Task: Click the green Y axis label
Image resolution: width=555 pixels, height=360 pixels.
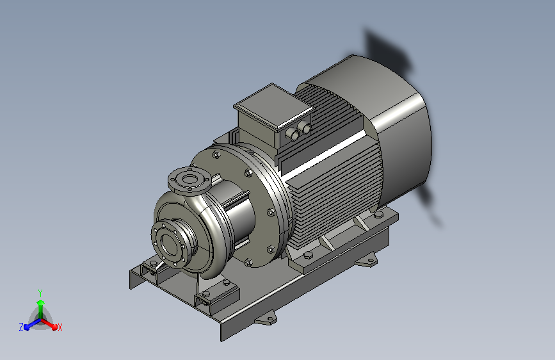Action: (x=40, y=293)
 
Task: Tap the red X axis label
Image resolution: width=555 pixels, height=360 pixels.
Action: (x=60, y=327)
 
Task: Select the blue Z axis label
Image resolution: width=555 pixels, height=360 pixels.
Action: (x=21, y=327)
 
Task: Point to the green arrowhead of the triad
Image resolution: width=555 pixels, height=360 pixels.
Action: (x=41, y=302)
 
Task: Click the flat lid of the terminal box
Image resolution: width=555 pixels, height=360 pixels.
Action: (x=274, y=106)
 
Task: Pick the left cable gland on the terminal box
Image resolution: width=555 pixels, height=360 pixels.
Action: (x=293, y=134)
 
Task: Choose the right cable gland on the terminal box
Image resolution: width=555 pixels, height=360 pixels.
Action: (x=305, y=127)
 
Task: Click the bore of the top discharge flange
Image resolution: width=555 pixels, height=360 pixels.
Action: (x=190, y=179)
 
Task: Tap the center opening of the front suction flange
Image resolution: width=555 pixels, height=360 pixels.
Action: (x=170, y=245)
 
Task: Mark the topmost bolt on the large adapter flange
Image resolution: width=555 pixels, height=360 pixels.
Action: (x=216, y=154)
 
